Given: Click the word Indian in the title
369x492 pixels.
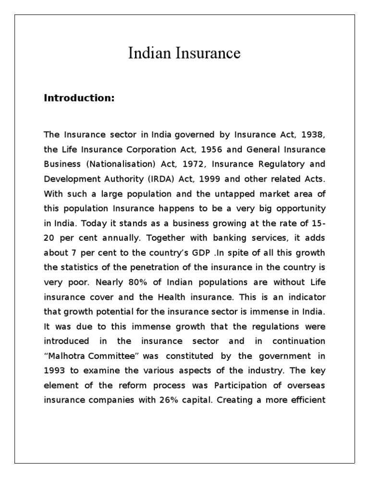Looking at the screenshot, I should tap(147, 53).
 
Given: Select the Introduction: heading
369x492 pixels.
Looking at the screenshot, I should tap(79, 98).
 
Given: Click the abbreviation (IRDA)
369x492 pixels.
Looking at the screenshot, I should tap(164, 179).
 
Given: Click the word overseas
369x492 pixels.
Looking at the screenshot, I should tap(307, 385).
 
